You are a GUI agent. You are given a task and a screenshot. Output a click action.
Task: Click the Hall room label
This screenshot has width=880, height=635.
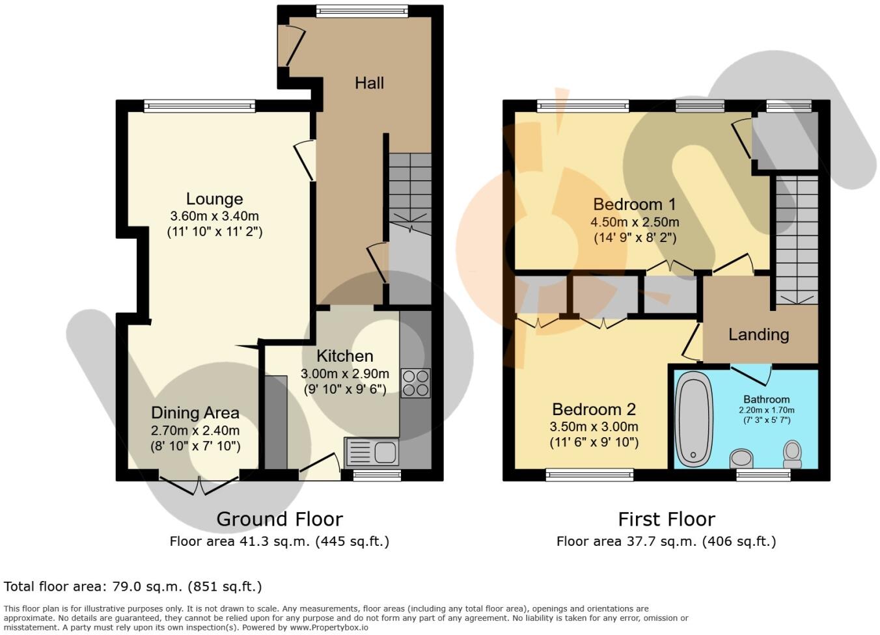[x=369, y=83]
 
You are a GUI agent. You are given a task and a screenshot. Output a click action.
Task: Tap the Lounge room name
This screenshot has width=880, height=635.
[x=214, y=199]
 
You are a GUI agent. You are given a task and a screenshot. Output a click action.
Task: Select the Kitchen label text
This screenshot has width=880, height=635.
[x=344, y=356]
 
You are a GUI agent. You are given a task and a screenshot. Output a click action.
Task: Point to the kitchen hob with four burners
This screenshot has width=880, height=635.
[x=415, y=383]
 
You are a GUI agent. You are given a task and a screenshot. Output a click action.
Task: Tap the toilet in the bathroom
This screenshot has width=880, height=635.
[x=792, y=454]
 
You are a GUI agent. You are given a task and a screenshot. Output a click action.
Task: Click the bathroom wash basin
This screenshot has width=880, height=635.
[x=741, y=458]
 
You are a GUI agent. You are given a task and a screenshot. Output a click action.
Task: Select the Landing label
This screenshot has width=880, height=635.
[x=758, y=334]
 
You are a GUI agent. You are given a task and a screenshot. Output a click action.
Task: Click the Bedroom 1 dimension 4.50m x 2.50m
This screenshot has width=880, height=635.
[x=635, y=222]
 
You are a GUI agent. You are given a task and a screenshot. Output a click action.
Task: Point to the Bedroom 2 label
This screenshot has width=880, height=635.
[x=594, y=409]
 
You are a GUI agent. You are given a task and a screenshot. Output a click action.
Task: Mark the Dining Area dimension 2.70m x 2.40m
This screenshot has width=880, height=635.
[x=195, y=430]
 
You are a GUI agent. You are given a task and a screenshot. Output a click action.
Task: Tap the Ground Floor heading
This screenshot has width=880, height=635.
[x=279, y=519]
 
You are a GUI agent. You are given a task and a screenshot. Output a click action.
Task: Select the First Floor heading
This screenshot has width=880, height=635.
[x=666, y=519]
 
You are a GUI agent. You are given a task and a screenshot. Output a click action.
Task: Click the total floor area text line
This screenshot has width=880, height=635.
[x=133, y=586]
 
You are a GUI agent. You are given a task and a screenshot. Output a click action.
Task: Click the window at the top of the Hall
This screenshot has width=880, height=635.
[x=361, y=10]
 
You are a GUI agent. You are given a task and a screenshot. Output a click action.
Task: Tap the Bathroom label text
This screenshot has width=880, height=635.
[x=767, y=399]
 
